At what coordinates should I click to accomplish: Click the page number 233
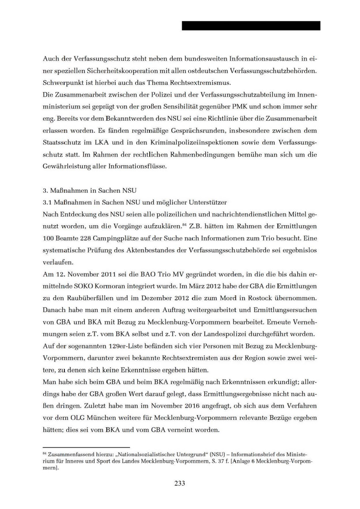[179, 483]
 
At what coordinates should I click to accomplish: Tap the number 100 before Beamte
[50, 239]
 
